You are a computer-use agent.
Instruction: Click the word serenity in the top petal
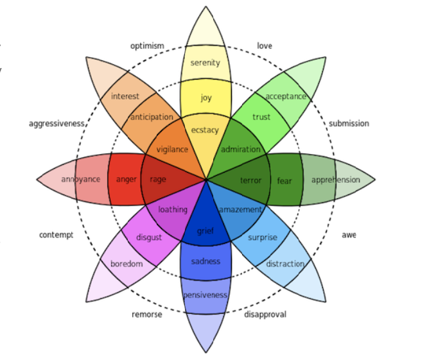[205, 63]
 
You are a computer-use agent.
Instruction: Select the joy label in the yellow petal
[205, 98]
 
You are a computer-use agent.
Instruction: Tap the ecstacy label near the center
[205, 130]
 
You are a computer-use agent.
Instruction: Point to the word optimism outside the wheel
[147, 46]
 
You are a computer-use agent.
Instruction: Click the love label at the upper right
[265, 46]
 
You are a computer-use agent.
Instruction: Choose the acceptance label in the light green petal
[286, 96]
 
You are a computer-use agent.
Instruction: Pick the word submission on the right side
[349, 123]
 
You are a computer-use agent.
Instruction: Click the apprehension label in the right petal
[336, 180]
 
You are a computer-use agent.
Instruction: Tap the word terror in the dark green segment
[250, 180]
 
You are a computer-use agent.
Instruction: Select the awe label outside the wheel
[349, 235]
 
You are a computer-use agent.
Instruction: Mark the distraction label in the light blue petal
[285, 264]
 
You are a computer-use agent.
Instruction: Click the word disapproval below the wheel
[265, 314]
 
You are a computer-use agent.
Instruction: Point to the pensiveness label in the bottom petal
[205, 295]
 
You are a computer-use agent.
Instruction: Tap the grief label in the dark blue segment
[205, 231]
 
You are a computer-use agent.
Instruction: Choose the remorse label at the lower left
[147, 314]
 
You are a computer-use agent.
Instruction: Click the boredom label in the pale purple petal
[126, 264]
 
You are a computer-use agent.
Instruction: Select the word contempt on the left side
[57, 235]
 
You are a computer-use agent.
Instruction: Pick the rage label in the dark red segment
[158, 180]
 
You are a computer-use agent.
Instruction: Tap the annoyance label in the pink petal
[81, 180]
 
